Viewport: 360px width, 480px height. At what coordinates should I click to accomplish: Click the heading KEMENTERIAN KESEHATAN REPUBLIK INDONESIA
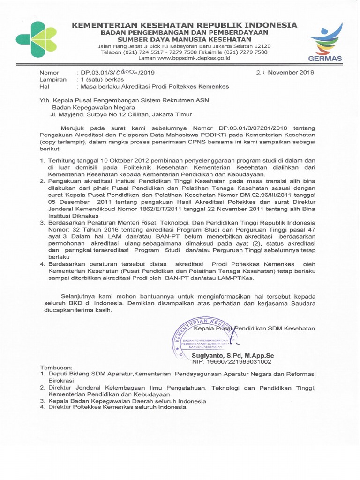[184, 25]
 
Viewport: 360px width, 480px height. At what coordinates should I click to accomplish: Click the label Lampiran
[51, 80]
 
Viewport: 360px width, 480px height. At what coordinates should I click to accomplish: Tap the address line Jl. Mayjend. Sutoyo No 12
[121, 113]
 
